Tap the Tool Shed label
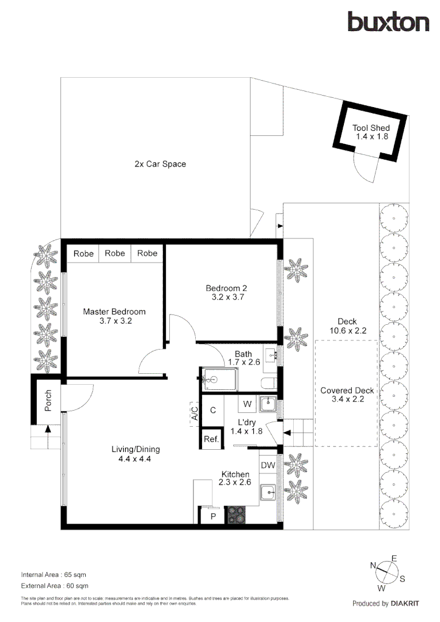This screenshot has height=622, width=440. click(371, 132)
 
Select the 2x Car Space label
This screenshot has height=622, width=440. click(160, 164)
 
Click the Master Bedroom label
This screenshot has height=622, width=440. click(114, 316)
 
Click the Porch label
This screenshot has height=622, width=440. click(48, 401)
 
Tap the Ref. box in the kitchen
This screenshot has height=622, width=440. click(211, 439)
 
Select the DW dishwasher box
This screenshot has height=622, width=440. click(267, 465)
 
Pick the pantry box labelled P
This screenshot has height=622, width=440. click(213, 516)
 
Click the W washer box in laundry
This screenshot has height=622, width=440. click(247, 404)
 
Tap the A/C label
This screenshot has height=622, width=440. click(195, 414)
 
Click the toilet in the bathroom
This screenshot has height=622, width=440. click(268, 384)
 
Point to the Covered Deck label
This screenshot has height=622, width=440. click(347, 395)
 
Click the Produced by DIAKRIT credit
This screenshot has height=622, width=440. click(385, 604)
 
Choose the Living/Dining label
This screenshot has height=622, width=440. click(135, 454)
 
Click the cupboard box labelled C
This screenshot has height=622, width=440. click(213, 410)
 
